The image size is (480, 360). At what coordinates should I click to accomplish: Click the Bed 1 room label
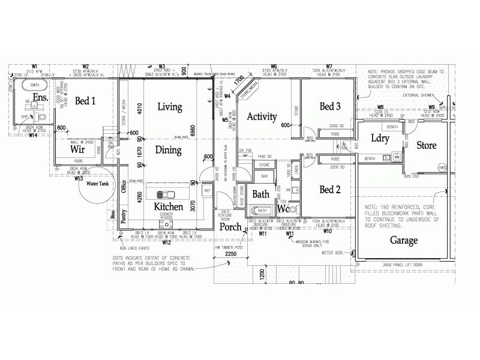85,101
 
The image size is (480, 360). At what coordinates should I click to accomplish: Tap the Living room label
169,107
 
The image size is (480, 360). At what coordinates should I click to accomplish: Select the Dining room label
169,150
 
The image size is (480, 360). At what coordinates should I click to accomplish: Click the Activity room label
262,117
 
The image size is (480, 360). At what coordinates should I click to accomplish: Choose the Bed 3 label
330,106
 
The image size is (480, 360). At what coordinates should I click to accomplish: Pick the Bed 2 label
330,190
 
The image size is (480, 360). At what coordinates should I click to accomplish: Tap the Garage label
404,240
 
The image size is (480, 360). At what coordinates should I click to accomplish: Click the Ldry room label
380,138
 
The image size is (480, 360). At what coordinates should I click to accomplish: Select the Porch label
230,227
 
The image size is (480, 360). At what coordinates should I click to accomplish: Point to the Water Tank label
100,184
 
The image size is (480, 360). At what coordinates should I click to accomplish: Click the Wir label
77,148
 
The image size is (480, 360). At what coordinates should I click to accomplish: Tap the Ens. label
40,97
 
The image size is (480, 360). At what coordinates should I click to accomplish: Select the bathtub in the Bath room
262,211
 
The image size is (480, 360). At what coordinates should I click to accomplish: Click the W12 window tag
166,242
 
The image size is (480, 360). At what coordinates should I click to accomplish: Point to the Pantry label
124,217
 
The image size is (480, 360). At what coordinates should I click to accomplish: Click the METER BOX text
332,253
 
